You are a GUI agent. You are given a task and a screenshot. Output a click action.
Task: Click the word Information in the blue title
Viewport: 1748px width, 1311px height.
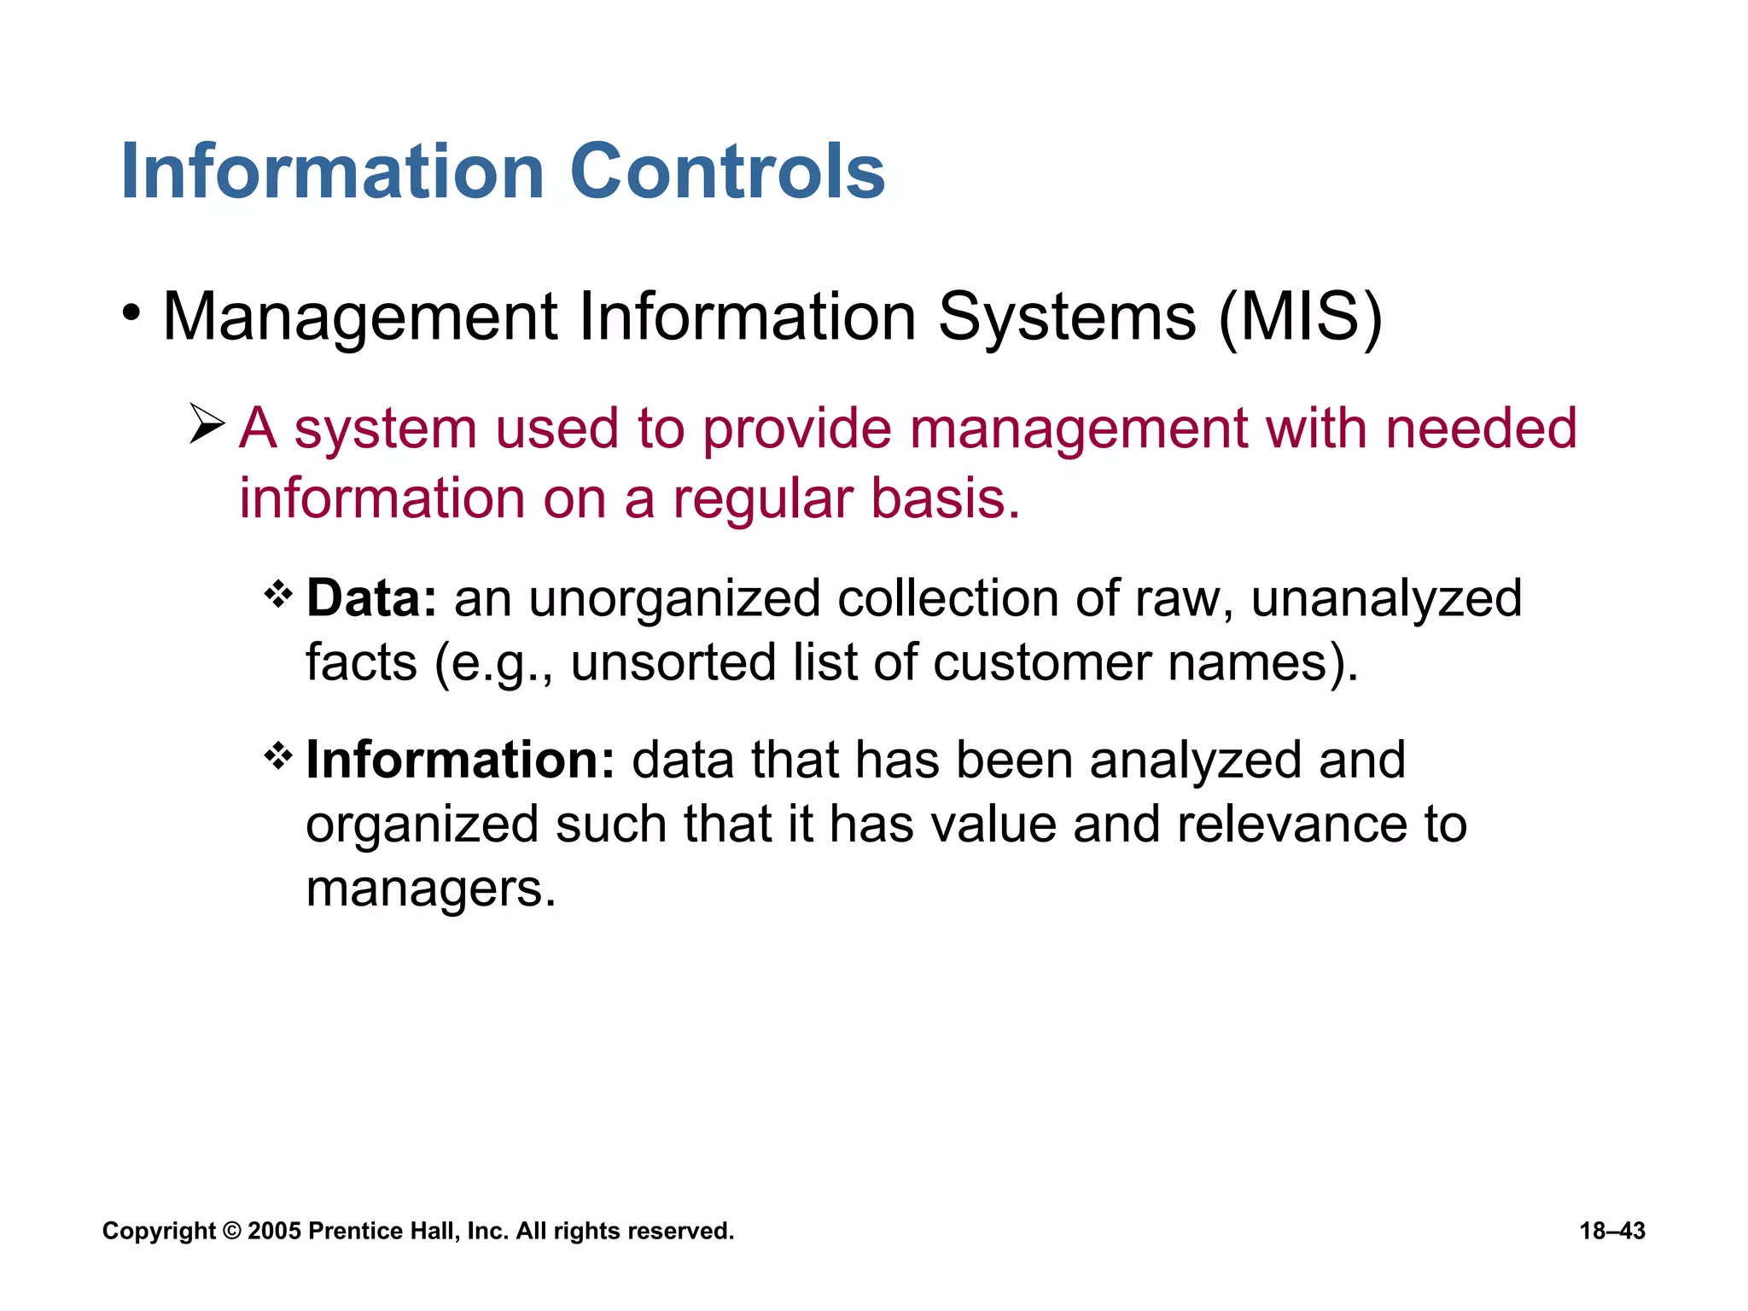pos(333,172)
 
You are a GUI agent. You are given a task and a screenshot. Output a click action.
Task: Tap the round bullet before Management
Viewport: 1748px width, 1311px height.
pos(131,313)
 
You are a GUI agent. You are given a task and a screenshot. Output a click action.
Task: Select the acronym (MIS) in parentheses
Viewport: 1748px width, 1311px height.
pos(1300,318)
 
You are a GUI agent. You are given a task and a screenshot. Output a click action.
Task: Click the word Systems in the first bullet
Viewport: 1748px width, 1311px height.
pos(1066,318)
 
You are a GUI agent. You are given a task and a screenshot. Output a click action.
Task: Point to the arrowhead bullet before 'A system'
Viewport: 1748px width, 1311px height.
pos(207,424)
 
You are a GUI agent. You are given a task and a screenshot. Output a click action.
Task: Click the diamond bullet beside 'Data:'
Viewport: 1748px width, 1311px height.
pos(278,593)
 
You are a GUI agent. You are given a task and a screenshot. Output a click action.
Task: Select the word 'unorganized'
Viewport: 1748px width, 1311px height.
pos(674,599)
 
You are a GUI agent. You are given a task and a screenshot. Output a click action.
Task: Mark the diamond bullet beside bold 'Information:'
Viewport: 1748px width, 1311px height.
pos(278,755)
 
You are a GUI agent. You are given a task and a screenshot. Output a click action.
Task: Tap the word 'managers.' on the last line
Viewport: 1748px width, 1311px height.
pos(431,889)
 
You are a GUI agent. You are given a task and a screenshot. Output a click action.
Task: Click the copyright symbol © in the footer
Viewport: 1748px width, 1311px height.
pos(231,1231)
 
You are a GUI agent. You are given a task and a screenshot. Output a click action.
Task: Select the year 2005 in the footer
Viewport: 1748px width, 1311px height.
pos(274,1231)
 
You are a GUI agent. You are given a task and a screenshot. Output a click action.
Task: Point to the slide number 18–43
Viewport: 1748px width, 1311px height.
pos(1611,1231)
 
